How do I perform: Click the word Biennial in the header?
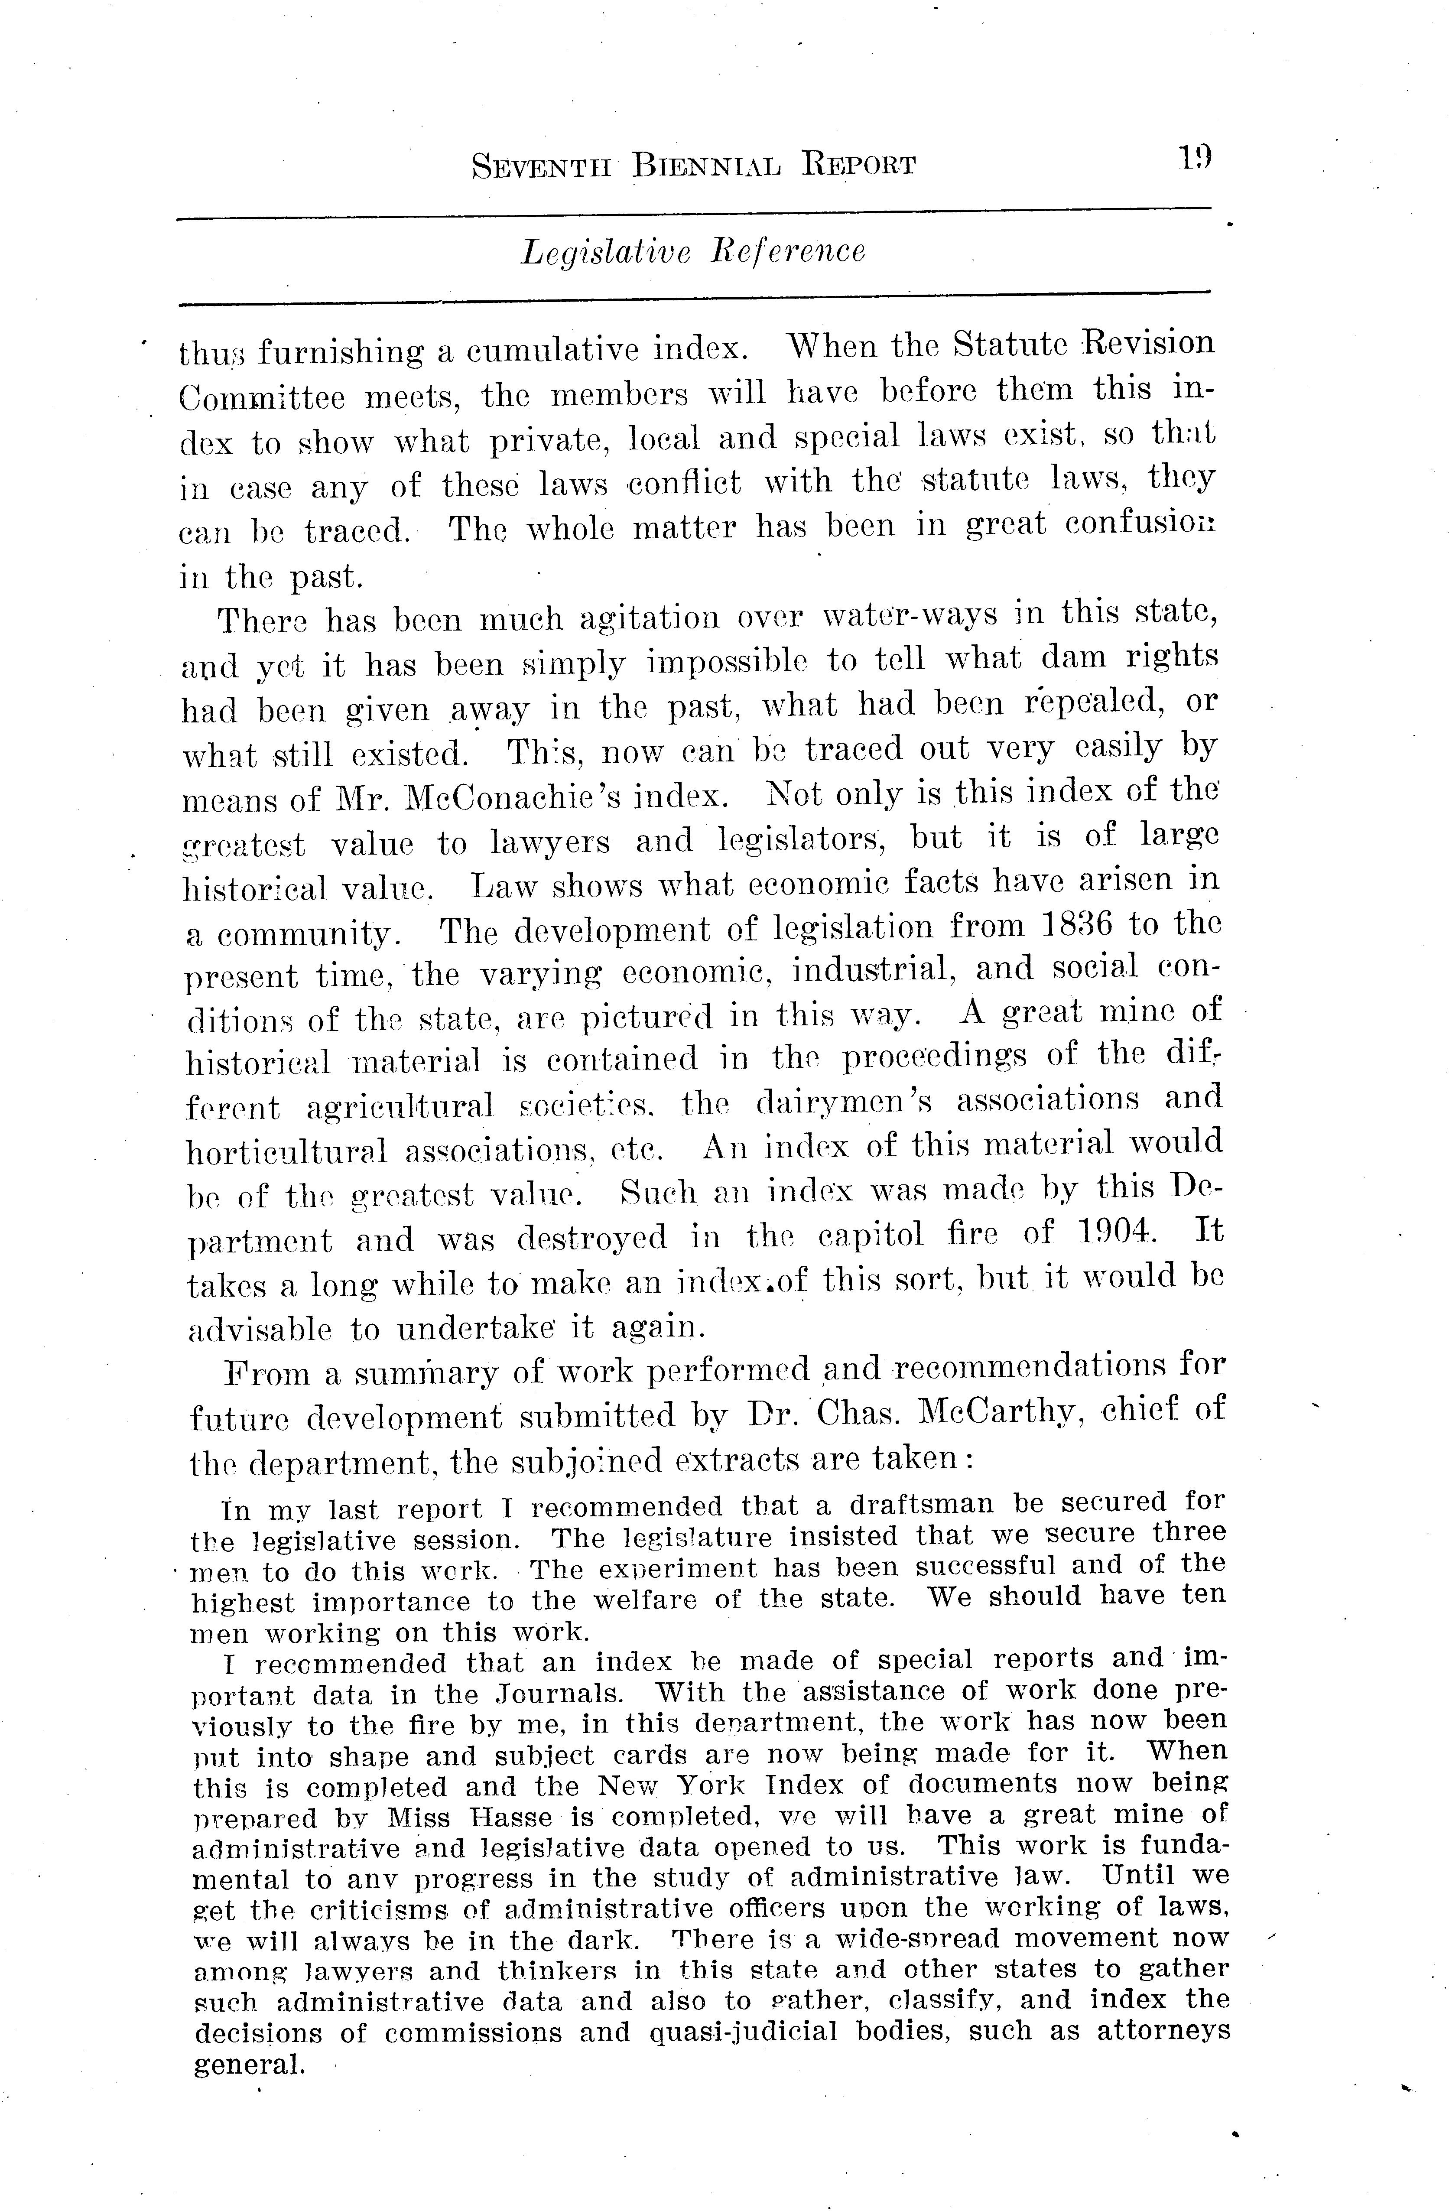[x=707, y=164]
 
